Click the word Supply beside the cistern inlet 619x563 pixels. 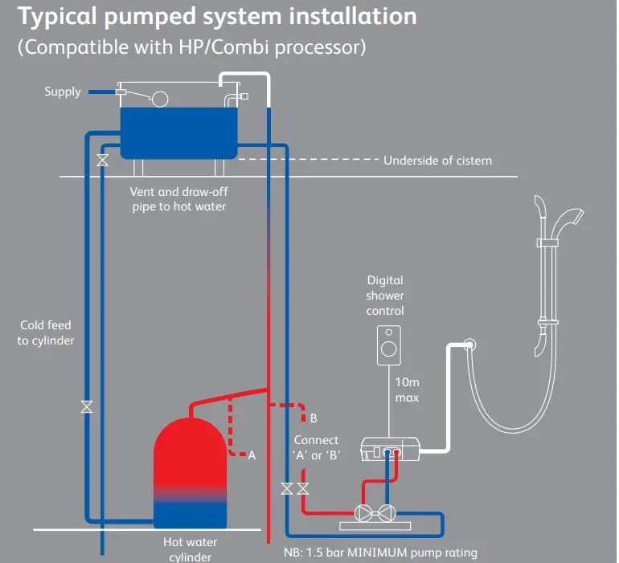[62, 92]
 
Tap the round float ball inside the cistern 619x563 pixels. [160, 99]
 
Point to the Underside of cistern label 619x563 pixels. [437, 161]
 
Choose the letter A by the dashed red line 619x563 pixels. [252, 455]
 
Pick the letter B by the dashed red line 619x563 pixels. [314, 418]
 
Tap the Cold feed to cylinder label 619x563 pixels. [47, 332]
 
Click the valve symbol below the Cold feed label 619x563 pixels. [86, 407]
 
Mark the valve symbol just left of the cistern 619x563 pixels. [102, 161]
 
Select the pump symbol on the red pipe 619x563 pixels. [363, 512]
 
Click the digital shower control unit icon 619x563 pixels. [388, 342]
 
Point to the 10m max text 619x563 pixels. [408, 390]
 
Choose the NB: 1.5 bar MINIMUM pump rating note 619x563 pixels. [380, 553]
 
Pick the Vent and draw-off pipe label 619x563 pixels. [178, 199]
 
